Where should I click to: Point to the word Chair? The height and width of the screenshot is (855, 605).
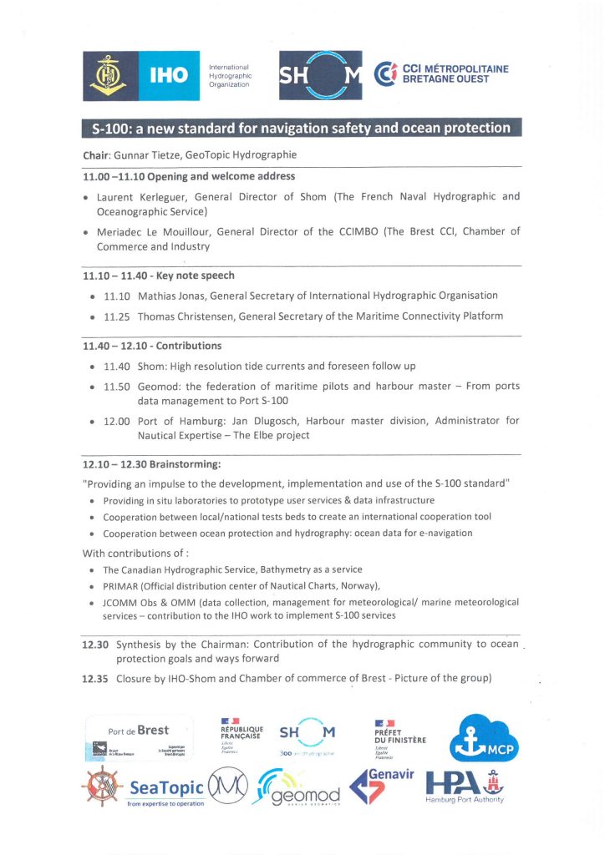pyautogui.click(x=96, y=155)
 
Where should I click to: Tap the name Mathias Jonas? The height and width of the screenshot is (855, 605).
pyautogui.click(x=170, y=296)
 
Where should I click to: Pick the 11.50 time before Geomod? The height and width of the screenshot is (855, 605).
pyautogui.click(x=116, y=387)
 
